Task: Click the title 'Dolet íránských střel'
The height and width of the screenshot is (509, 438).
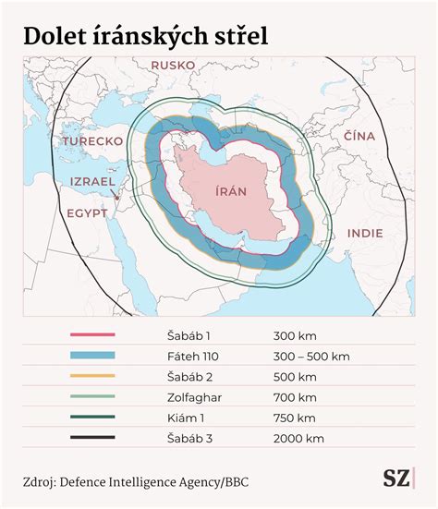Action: [146, 35]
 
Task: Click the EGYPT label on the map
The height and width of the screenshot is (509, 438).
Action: [87, 212]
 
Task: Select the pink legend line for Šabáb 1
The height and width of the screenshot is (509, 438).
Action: [92, 335]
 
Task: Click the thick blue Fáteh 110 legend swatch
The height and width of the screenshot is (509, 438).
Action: [92, 356]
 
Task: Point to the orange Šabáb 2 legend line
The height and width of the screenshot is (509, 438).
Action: [92, 376]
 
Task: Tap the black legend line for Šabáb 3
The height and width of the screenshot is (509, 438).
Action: [92, 437]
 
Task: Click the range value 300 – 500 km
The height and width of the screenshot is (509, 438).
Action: [311, 356]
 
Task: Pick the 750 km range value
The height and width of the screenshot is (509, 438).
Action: [295, 417]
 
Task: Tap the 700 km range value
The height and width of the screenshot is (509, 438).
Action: [295, 396]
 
